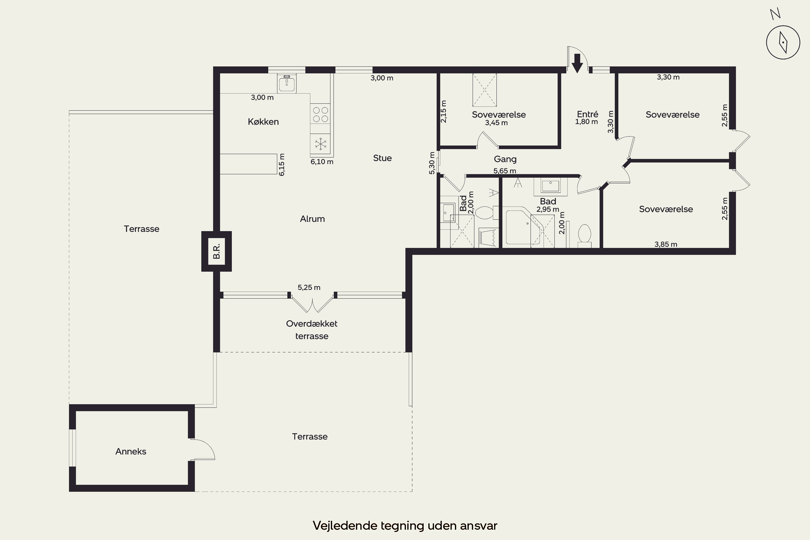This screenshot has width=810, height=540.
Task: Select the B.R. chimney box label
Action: point(217,251)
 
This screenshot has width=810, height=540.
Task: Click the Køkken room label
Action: point(263,122)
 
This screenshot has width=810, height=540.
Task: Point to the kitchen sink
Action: point(286,83)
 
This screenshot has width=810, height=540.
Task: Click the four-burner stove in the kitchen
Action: point(320,114)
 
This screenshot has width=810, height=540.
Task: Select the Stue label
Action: point(382,158)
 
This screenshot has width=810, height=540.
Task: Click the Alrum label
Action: point(312,219)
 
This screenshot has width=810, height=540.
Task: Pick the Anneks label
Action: point(131,451)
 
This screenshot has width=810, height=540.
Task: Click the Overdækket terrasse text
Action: point(312,330)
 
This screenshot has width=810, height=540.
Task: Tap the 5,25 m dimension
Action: point(309,287)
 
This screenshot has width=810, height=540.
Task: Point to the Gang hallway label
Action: point(505,159)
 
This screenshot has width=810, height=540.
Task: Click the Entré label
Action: point(588,114)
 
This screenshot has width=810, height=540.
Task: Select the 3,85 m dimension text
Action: point(666,244)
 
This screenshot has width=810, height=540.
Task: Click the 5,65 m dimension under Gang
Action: point(505,171)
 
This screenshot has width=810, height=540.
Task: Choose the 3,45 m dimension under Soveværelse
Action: point(496,123)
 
